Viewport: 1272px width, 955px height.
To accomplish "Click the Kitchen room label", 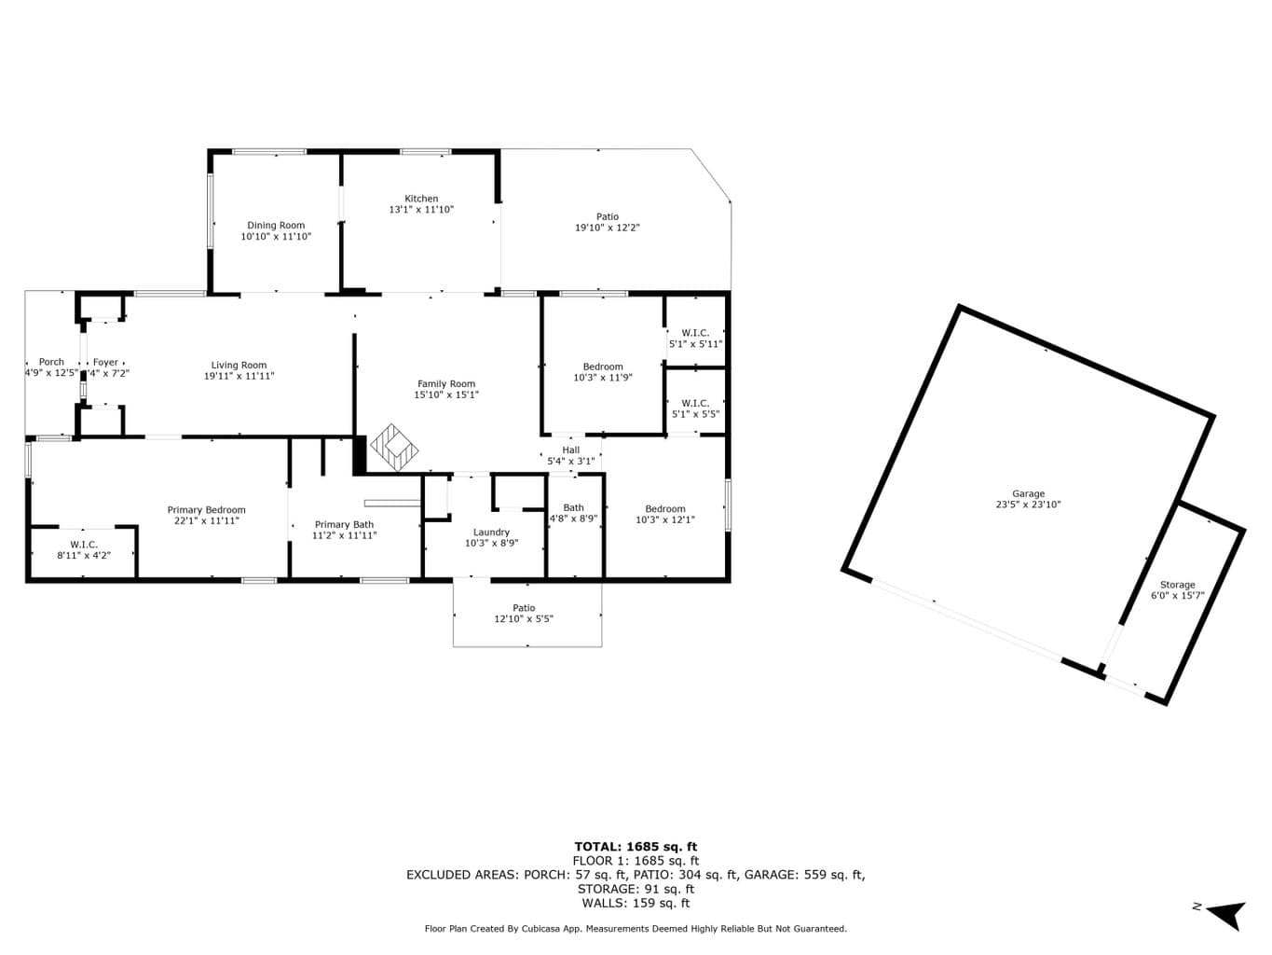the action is coord(420,199).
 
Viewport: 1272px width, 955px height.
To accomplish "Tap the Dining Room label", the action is coord(276,226).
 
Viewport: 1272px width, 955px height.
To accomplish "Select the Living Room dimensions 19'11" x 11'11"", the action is coord(239,376).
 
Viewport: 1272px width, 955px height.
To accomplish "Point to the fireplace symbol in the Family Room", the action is coord(394,447).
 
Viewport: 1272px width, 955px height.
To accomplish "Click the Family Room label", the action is coord(446,384).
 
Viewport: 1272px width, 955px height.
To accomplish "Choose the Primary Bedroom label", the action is coord(206,510).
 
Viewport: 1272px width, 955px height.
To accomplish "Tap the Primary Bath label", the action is coord(344,525).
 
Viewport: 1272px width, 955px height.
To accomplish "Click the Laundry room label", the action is coord(491,533).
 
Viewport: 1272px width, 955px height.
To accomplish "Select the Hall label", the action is coord(571,450).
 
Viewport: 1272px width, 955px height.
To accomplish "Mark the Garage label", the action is coord(1028,494).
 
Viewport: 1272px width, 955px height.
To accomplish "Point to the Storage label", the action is coord(1177,585).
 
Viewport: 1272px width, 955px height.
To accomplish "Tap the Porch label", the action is coord(51,362).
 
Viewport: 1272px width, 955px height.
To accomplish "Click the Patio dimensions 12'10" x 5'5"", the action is coord(524,618).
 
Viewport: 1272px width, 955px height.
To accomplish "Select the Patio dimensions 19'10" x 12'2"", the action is coord(608,228).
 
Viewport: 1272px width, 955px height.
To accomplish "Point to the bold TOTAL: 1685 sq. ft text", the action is coord(636,847).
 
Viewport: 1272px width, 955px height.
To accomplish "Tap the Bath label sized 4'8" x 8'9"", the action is coord(574,508).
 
